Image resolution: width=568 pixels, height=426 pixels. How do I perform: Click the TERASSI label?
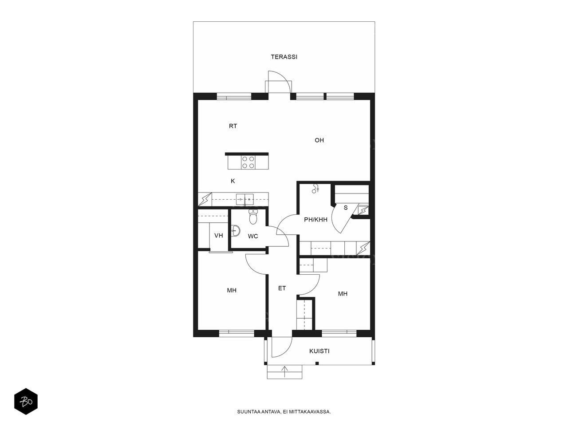(284, 57)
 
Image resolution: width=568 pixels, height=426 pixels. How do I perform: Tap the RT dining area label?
(233, 126)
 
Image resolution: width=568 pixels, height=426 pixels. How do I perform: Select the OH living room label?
(319, 140)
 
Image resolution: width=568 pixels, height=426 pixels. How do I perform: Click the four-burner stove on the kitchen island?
(248, 162)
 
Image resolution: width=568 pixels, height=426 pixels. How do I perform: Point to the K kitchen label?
(233, 181)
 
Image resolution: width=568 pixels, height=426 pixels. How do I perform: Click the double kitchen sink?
(245, 199)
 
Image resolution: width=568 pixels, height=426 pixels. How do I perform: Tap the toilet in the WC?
(253, 217)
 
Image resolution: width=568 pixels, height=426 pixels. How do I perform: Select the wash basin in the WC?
(236, 230)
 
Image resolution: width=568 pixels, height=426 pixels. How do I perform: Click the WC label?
(253, 236)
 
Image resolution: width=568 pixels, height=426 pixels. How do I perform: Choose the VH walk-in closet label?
(219, 235)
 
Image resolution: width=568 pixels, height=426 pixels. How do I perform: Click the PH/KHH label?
(316, 220)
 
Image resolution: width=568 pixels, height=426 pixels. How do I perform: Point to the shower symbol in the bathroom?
(315, 189)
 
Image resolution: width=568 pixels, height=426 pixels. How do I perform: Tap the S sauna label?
(345, 208)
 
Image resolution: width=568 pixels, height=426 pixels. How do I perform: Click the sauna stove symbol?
(363, 210)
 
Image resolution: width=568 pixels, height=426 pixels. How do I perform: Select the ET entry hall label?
(282, 288)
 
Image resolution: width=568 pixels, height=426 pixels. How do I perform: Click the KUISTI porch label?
(319, 351)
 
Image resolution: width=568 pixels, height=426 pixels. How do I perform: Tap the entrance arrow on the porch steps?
(284, 371)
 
